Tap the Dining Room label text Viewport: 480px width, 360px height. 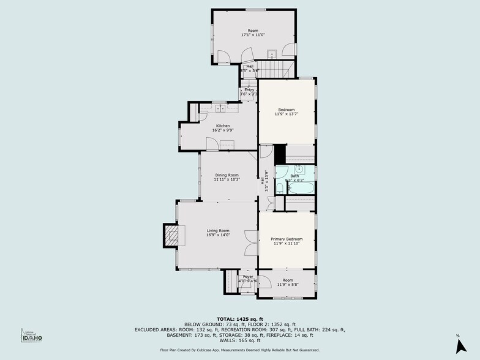pyautogui.click(x=226, y=176)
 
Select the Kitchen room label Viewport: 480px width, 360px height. pyautogui.click(x=222, y=126)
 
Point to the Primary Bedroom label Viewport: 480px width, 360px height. pyautogui.click(x=287, y=239)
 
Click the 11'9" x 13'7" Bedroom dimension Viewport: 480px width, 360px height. pyautogui.click(x=287, y=114)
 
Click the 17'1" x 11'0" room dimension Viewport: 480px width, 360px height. pyautogui.click(x=253, y=35)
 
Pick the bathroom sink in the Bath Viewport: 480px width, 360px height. pyautogui.click(x=300, y=170)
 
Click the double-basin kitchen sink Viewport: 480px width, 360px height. pyautogui.click(x=220, y=108)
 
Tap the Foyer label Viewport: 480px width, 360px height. pyautogui.click(x=248, y=277)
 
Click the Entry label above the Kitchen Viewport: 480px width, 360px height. pyautogui.click(x=249, y=90)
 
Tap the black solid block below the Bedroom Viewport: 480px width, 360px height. pyautogui.click(x=280, y=153)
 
